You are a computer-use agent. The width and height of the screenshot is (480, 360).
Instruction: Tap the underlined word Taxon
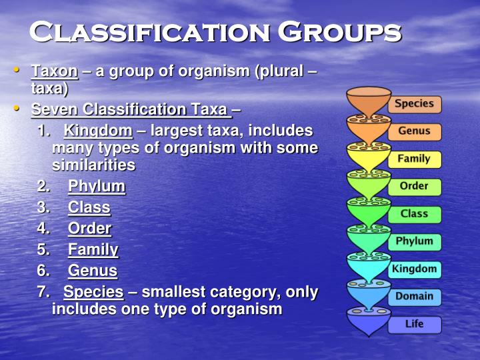click(x=55, y=71)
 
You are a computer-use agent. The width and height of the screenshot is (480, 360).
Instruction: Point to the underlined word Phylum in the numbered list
click(x=97, y=186)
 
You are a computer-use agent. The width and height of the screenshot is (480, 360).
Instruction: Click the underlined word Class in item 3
click(x=89, y=207)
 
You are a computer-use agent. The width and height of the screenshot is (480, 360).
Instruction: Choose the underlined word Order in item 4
click(x=89, y=229)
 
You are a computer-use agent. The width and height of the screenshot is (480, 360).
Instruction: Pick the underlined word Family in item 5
click(x=93, y=250)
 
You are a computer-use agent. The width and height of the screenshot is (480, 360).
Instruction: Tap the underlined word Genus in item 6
click(x=93, y=271)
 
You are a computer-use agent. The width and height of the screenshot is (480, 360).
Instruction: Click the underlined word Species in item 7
click(x=93, y=292)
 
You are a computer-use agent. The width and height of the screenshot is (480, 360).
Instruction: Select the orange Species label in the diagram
click(x=414, y=104)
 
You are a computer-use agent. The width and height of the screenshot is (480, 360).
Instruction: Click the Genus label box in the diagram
click(x=414, y=131)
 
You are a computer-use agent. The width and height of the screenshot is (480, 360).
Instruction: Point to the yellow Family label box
click(x=414, y=159)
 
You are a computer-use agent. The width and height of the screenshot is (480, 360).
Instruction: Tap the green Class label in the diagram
click(x=414, y=214)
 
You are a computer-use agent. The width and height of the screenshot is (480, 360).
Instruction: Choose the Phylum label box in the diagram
click(x=414, y=241)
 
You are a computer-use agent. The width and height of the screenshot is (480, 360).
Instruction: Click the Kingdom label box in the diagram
click(x=414, y=269)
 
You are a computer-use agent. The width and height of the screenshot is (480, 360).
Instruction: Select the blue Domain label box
click(x=414, y=297)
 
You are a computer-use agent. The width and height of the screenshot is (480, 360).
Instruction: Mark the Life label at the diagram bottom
click(x=414, y=325)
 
